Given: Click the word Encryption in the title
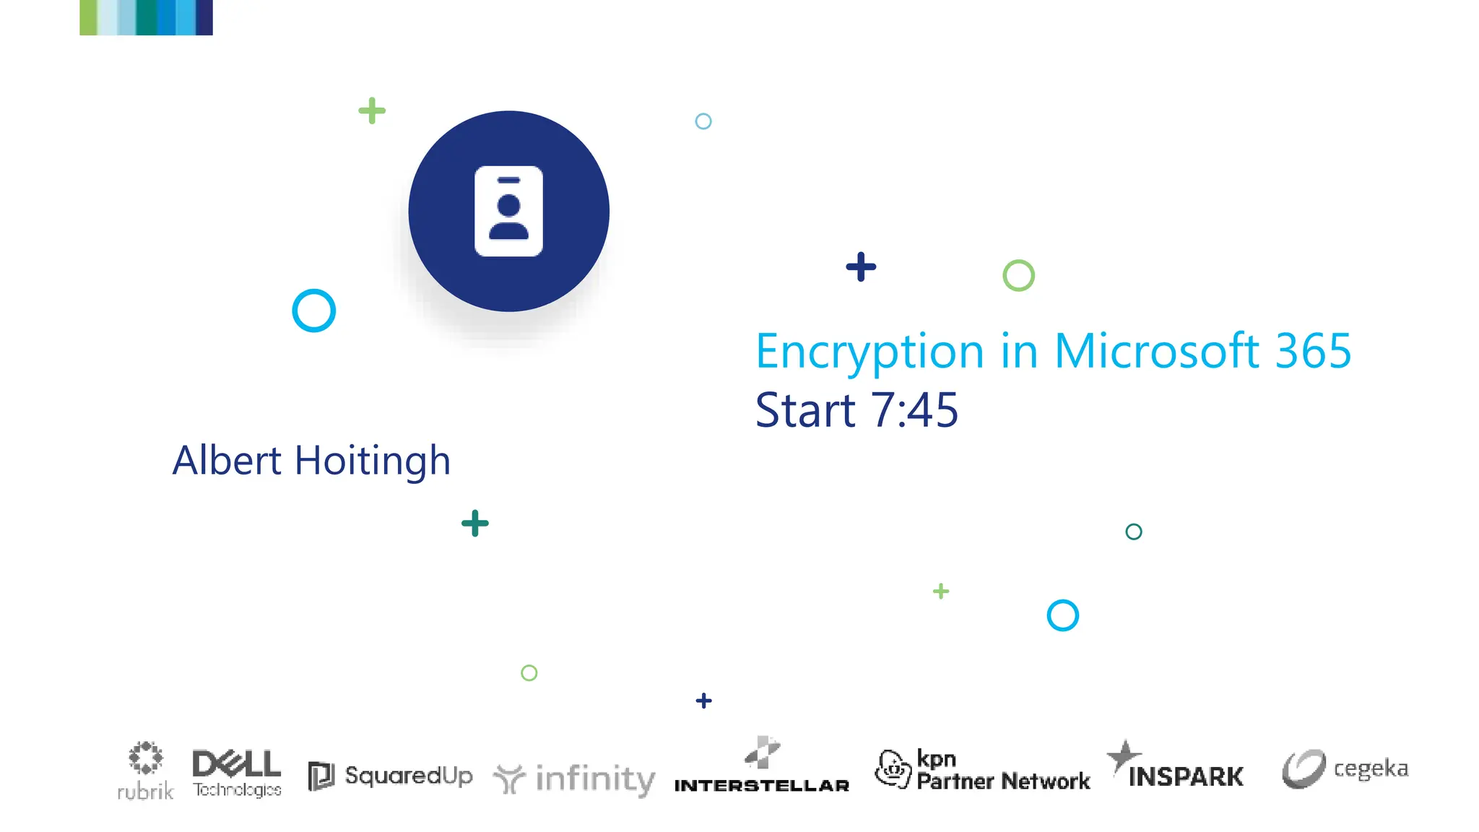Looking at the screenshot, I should (869, 352).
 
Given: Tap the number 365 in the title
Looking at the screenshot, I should (1313, 351).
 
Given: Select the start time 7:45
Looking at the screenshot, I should (914, 410).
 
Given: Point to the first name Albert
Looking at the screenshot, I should (227, 461).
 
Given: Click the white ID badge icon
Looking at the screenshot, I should (508, 211).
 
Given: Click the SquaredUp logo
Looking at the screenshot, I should (390, 776).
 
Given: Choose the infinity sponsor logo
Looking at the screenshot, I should (574, 779).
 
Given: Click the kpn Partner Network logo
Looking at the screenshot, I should (981, 770).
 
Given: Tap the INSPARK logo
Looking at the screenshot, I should (1175, 768).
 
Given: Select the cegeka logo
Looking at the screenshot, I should (1345, 768).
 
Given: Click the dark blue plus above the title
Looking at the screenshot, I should (861, 266).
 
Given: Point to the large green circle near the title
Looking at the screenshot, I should (1018, 275).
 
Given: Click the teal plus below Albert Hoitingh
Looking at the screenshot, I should (475, 524).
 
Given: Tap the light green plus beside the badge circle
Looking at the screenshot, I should (372, 110).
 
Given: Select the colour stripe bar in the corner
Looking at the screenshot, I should (146, 17).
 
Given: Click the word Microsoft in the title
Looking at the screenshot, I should (1157, 351).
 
